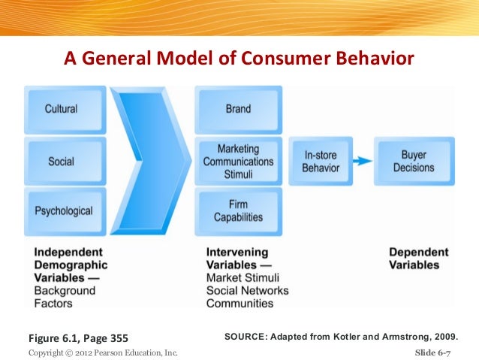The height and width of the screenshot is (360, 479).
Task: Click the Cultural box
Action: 62,109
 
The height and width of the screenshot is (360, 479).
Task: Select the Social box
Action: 62,162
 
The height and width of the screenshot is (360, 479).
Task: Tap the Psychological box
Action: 62,211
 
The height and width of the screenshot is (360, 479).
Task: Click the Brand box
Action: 238,109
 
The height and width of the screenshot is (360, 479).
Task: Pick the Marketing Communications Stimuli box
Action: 238,162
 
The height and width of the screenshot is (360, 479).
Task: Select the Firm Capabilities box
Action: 238,211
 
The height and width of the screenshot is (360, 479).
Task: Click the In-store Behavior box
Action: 321,162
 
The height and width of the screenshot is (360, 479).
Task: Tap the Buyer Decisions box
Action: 414,162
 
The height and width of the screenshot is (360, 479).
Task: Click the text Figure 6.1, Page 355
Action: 73,336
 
